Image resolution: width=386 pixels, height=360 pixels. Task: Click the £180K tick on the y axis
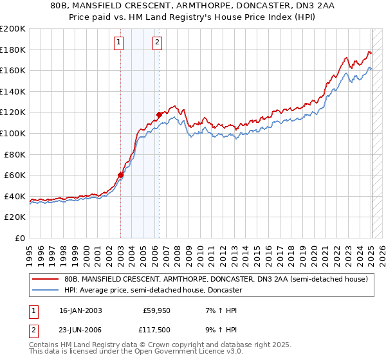point(14,50)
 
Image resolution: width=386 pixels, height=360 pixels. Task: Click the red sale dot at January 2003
point(120,175)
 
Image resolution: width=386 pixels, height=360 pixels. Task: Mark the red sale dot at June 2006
point(159,115)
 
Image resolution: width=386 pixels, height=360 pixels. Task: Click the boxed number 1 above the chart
point(120,43)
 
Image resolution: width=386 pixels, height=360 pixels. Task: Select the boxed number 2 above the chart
point(157,43)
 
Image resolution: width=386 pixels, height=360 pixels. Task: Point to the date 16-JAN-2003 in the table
point(80,310)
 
